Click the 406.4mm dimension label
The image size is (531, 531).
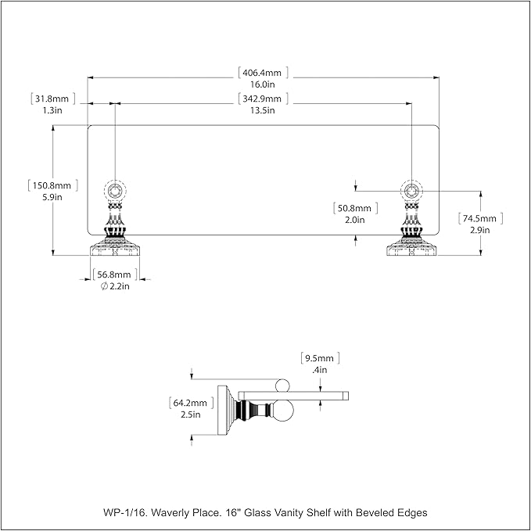pyautogui.click(x=262, y=73)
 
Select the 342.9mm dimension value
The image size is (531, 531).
pyautogui.click(x=262, y=99)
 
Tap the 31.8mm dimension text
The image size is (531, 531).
pyautogui.click(x=52, y=99)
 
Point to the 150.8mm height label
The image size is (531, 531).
pyautogui.click(x=52, y=185)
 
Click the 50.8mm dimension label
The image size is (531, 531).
pyautogui.click(x=354, y=208)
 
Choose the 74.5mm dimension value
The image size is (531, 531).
pyautogui.click(x=479, y=218)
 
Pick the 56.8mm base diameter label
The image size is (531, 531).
pyautogui.click(x=114, y=274)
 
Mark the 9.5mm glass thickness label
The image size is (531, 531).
pyautogui.click(x=319, y=358)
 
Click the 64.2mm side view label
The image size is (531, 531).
pyautogui.click(x=190, y=403)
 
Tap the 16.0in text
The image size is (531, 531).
pyautogui.click(x=263, y=84)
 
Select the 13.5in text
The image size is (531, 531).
pyautogui.click(x=263, y=110)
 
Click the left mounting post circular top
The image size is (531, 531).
pyautogui.click(x=115, y=191)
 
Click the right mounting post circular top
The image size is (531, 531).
pyautogui.click(x=411, y=191)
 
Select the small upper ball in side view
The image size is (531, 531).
pyautogui.click(x=282, y=386)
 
